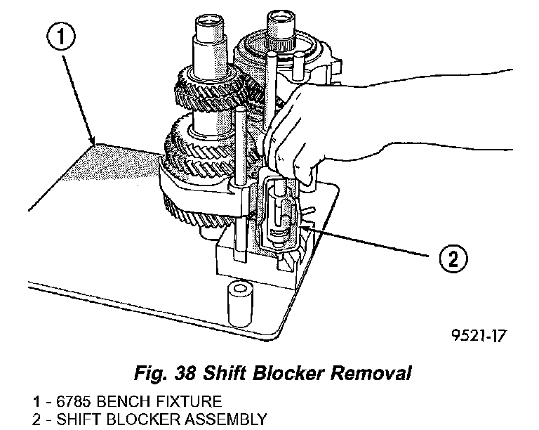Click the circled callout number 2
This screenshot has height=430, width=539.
tap(450, 260)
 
